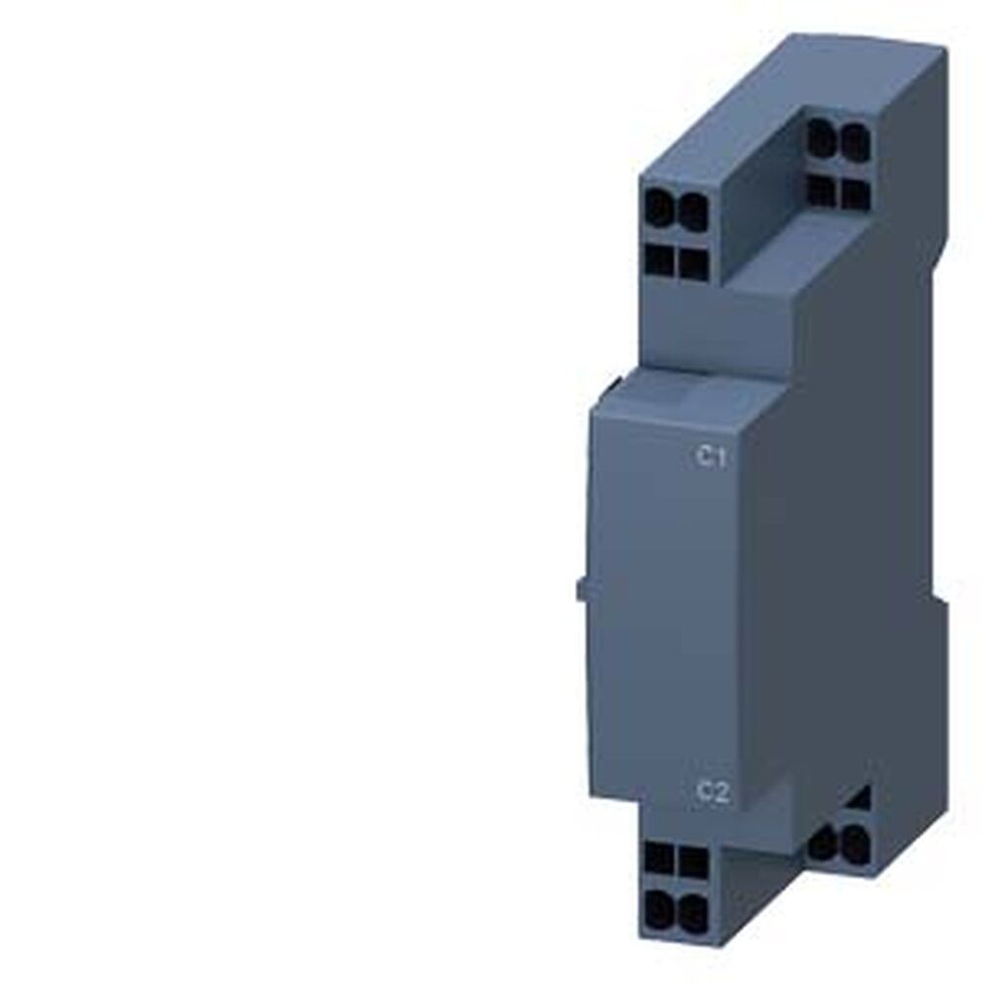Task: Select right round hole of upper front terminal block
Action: [x=692, y=210]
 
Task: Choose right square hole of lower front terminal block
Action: [x=692, y=861]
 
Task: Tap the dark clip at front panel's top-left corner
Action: [x=614, y=380]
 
